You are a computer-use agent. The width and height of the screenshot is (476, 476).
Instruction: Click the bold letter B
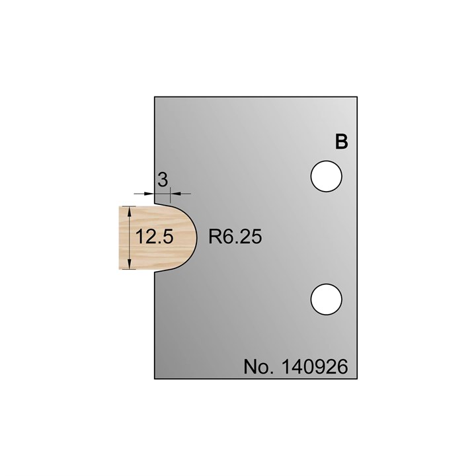click(x=341, y=142)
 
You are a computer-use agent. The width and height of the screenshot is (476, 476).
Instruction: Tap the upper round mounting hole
click(x=327, y=177)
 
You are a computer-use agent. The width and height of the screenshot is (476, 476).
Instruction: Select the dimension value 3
click(x=162, y=178)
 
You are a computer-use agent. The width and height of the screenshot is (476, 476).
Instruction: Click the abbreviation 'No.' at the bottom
click(x=259, y=366)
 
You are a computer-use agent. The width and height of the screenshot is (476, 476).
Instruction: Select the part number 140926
click(x=315, y=366)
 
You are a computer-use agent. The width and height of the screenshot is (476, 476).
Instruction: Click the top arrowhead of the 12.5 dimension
click(x=130, y=210)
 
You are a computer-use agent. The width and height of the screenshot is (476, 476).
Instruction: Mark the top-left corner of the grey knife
click(x=155, y=97)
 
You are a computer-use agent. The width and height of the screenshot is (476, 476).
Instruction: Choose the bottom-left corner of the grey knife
click(x=155, y=379)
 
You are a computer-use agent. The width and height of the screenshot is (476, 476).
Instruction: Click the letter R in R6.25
click(x=214, y=237)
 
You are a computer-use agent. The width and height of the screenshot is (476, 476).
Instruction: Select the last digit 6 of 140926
click(x=342, y=366)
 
